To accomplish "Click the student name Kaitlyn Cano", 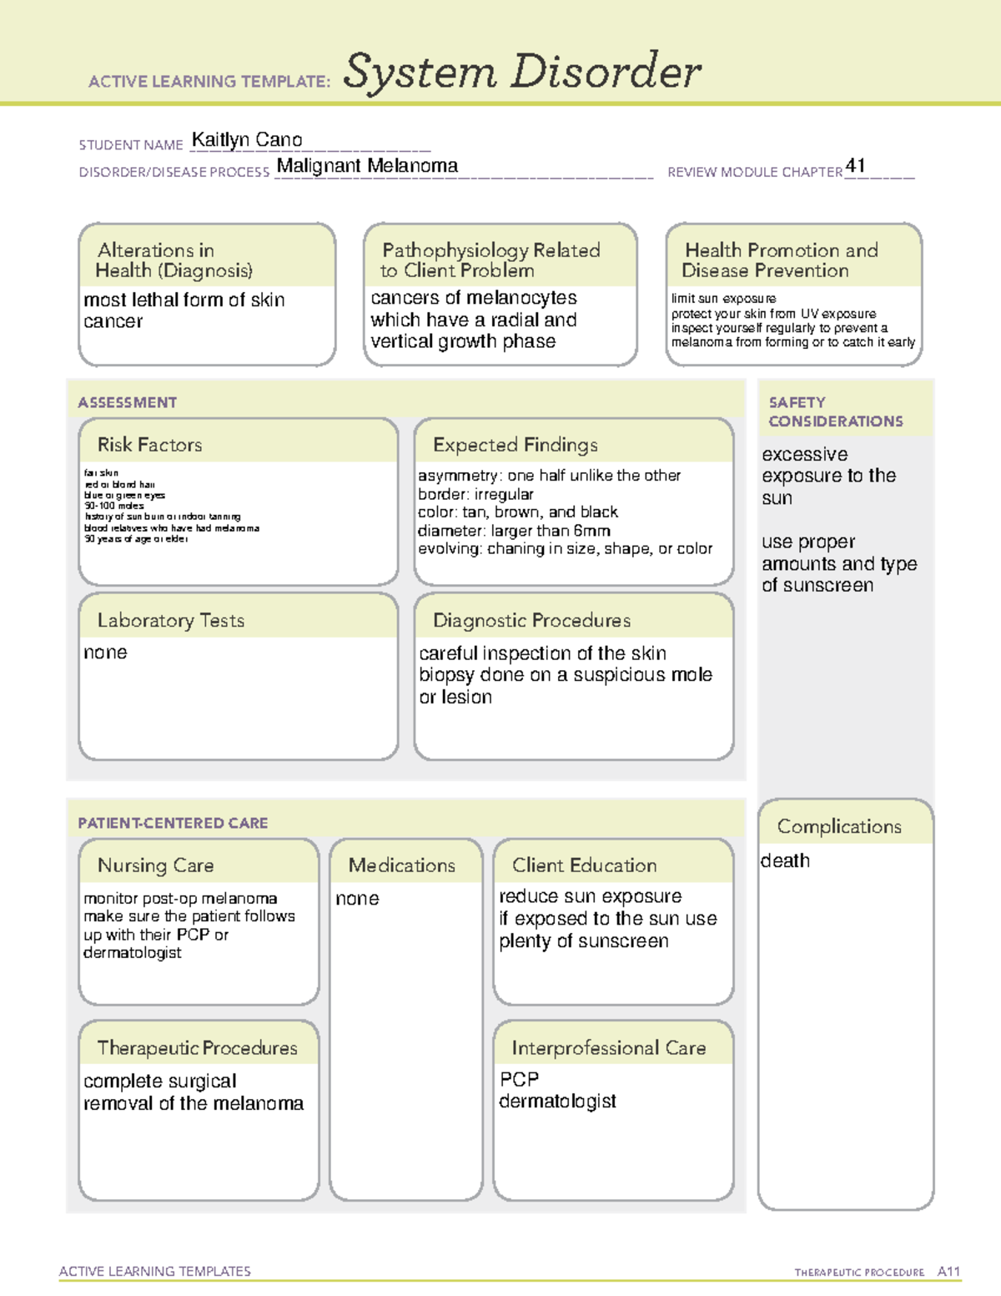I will (x=247, y=140).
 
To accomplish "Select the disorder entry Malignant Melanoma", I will (x=367, y=166).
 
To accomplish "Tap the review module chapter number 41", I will (x=855, y=165).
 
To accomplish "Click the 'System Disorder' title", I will (x=522, y=72).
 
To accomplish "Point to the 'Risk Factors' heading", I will (x=150, y=445).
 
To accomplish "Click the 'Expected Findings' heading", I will (x=516, y=445).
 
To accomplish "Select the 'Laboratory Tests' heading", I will (x=171, y=620).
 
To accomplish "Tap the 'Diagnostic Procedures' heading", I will (x=532, y=620).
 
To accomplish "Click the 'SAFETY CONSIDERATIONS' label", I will (x=835, y=411).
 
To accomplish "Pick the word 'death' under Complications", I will (x=785, y=860).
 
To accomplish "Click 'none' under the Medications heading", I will (x=357, y=899).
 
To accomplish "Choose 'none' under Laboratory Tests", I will (x=105, y=653).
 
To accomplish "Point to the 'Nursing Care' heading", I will (x=156, y=865).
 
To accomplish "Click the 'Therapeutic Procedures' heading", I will (x=198, y=1047).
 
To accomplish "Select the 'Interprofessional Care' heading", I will (x=609, y=1047).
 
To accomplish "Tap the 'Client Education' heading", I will (x=585, y=865).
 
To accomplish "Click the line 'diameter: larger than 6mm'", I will (x=514, y=531).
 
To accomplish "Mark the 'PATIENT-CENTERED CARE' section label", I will (x=173, y=823).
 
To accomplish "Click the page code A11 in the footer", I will (x=948, y=1272).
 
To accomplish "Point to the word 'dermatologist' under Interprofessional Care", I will (x=557, y=1102).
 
